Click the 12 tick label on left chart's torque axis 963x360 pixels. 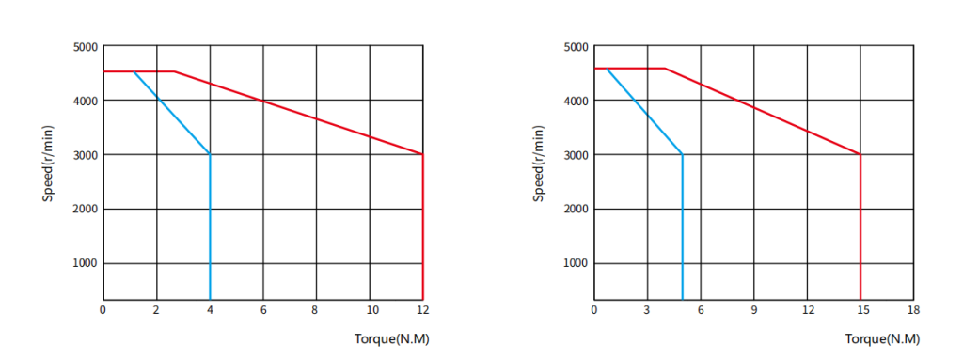pyautogui.click(x=422, y=310)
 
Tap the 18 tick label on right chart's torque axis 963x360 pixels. pyautogui.click(x=913, y=310)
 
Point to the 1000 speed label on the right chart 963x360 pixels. pyautogui.click(x=576, y=263)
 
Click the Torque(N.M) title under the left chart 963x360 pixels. pyautogui.click(x=391, y=339)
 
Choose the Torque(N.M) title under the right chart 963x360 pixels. pyautogui.click(x=882, y=339)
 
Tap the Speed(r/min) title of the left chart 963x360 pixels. pyautogui.click(x=49, y=163)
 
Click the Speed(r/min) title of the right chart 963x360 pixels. pyautogui.click(x=539, y=163)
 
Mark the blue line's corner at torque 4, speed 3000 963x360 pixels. pyautogui.click(x=210, y=154)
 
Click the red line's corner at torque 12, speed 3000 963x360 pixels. pyautogui.click(x=422, y=154)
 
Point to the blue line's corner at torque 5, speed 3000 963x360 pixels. pyautogui.click(x=683, y=154)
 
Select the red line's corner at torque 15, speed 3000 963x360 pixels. pyautogui.click(x=860, y=154)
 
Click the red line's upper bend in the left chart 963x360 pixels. pyautogui.click(x=174, y=71)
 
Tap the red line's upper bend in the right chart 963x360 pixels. pyautogui.click(x=665, y=69)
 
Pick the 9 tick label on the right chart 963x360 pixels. pyautogui.click(x=753, y=310)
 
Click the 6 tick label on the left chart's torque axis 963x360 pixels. pyautogui.click(x=263, y=310)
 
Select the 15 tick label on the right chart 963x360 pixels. pyautogui.click(x=860, y=310)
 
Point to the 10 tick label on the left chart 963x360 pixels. pyautogui.click(x=370, y=310)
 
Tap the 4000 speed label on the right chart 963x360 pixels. pyautogui.click(x=576, y=101)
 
